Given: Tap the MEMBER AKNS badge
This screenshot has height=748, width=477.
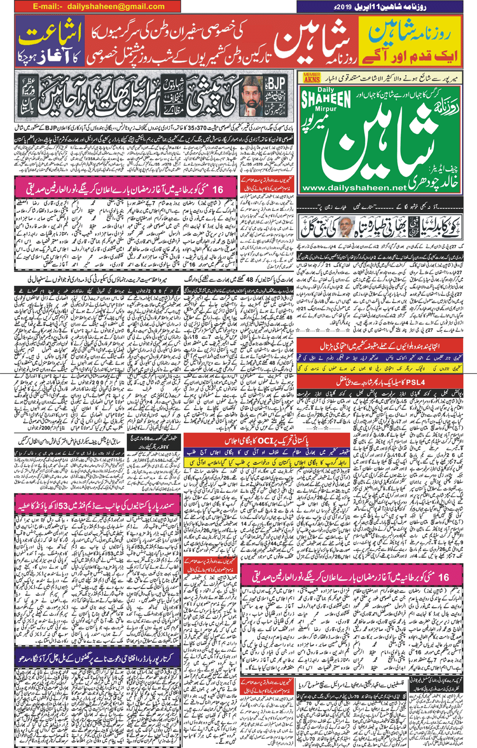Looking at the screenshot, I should [312, 78].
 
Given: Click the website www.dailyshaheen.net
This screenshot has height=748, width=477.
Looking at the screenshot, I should [354, 188].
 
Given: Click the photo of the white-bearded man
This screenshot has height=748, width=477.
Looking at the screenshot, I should [348, 226].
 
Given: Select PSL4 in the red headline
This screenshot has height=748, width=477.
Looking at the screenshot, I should [412, 382].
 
